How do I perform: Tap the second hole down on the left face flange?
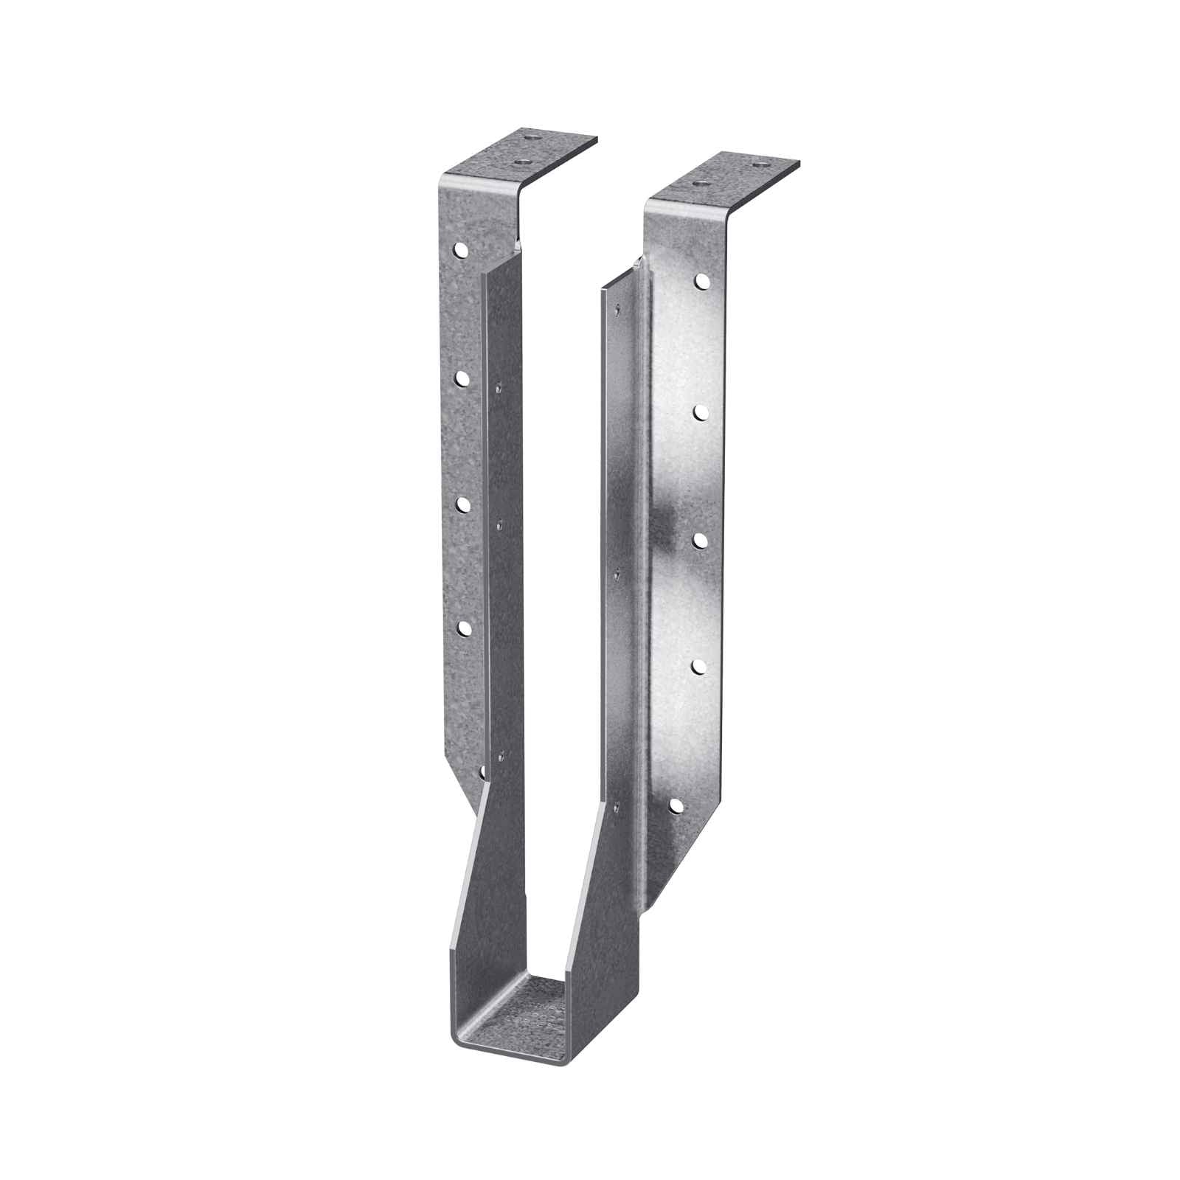[462, 378]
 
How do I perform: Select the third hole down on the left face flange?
[463, 503]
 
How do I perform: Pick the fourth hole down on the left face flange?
[465, 628]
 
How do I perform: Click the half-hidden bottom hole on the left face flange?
[481, 771]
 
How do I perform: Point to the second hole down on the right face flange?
[700, 412]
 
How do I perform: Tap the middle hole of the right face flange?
[697, 540]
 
